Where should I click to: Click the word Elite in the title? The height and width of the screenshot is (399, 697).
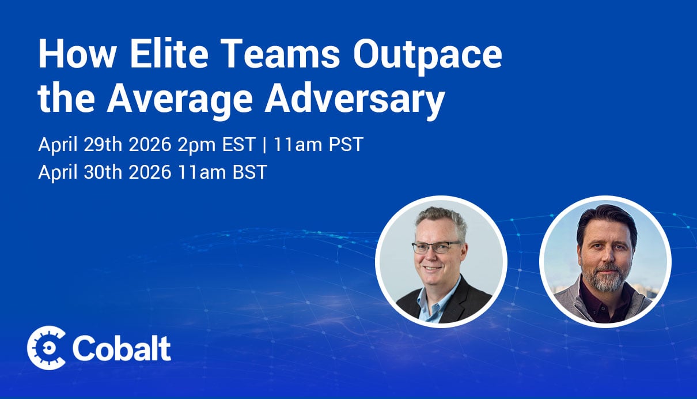point(169,54)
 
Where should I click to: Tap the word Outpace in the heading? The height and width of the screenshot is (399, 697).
point(427,56)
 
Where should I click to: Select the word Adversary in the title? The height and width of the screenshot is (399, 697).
point(355,99)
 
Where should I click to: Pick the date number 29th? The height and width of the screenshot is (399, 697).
point(103,144)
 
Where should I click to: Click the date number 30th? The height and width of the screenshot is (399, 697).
point(103,172)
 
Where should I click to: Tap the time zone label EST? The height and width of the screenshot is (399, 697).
point(238,144)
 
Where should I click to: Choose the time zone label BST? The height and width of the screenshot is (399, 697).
point(250,172)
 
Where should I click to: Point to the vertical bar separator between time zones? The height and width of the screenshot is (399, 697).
point(264,145)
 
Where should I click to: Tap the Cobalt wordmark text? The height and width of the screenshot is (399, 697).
point(122,348)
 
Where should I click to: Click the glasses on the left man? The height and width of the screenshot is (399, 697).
point(435,247)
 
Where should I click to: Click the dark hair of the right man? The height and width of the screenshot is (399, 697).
point(606,221)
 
